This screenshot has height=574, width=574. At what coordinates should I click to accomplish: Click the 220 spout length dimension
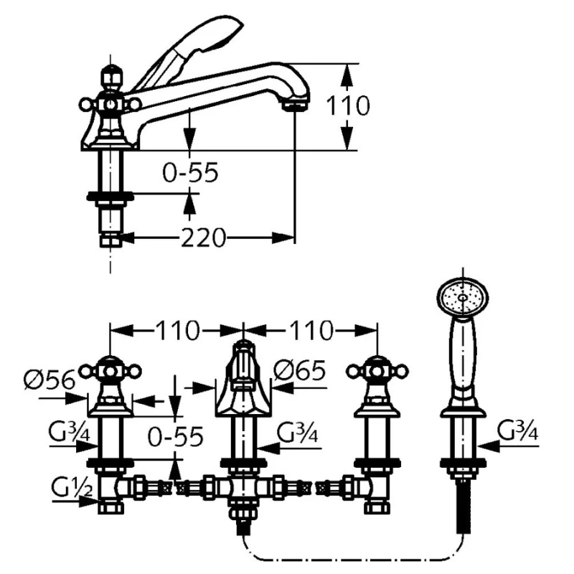point(202,237)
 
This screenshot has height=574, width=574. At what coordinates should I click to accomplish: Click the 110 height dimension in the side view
point(349,106)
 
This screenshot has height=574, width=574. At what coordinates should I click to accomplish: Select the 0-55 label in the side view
point(189,173)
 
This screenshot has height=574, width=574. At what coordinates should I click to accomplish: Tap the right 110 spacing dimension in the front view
point(310,331)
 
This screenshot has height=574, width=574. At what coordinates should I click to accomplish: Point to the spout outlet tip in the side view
point(293,105)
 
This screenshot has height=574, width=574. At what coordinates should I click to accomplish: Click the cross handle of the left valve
point(109,371)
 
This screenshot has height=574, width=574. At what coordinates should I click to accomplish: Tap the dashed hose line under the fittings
point(352,558)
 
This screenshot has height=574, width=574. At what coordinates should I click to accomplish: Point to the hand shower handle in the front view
point(463,359)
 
